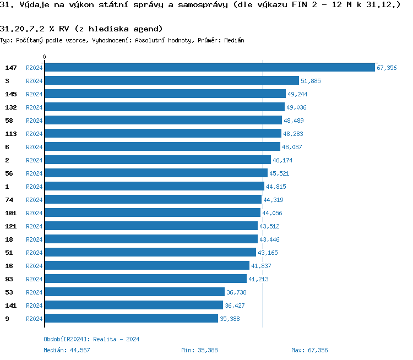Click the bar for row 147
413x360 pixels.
tap(209, 68)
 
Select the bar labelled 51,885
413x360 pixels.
tap(171, 81)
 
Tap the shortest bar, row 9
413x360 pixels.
tap(131, 319)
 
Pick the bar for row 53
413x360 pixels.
tap(134, 292)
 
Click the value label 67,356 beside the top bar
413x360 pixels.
tap(387, 68)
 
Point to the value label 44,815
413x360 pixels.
tap(276, 187)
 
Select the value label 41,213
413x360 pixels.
tap(258, 279)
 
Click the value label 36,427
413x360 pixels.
tap(235, 306)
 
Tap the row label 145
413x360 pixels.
tap(10, 94)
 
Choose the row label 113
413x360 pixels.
tap(10, 134)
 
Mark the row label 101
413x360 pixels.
tap(10, 213)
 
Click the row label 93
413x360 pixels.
tap(9, 279)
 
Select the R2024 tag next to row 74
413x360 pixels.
tap(34, 200)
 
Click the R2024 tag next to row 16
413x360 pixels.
tap(34, 266)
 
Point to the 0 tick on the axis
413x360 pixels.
tap(45, 57)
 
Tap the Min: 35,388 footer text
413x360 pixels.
tap(199, 350)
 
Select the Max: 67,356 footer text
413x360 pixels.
tap(309, 350)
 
